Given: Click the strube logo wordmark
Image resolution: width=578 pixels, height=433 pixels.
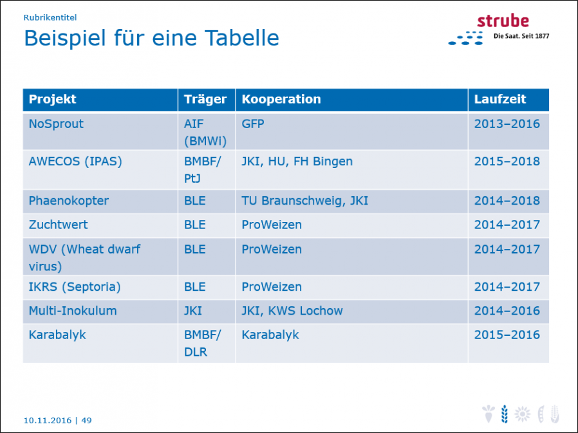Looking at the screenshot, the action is pos(503,21).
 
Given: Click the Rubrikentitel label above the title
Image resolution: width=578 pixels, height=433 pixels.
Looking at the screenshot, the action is pos(50,17).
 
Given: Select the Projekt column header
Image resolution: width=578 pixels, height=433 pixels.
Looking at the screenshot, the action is pos(52,99).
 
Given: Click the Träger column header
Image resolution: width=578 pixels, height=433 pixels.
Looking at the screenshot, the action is pos(205,99).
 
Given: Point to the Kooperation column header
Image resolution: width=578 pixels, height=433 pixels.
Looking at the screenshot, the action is pos(281,99).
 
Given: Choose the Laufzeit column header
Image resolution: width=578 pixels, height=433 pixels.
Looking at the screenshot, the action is pos(500,99).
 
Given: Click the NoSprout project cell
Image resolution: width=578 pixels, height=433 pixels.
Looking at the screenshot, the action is pos(56,124).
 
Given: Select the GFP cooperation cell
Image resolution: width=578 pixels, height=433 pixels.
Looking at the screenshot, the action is pos(253,124).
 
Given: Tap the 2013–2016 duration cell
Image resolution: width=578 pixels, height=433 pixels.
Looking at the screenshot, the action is pos(507,124).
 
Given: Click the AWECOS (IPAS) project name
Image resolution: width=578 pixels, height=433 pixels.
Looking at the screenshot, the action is pos(75,161).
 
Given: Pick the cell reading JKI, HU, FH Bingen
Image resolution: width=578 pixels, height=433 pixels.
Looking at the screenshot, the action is pos(297,161).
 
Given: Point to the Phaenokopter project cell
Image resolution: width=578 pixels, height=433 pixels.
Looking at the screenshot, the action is pos(69,201).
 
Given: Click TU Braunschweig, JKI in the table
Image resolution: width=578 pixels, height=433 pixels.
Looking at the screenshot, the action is pos(305,201).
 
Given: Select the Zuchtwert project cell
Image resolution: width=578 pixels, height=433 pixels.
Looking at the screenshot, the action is pos(58,225).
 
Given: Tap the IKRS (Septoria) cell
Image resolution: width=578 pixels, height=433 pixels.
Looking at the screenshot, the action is pos(75,287).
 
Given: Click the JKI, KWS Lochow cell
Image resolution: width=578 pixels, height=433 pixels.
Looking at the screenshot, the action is pos(292,311).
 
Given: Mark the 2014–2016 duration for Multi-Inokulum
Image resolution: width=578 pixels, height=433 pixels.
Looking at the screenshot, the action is pos(507,311).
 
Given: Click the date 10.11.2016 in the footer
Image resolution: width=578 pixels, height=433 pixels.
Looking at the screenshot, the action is pos(48,421).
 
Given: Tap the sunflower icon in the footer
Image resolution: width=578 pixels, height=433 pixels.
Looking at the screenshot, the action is pos(523,414).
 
